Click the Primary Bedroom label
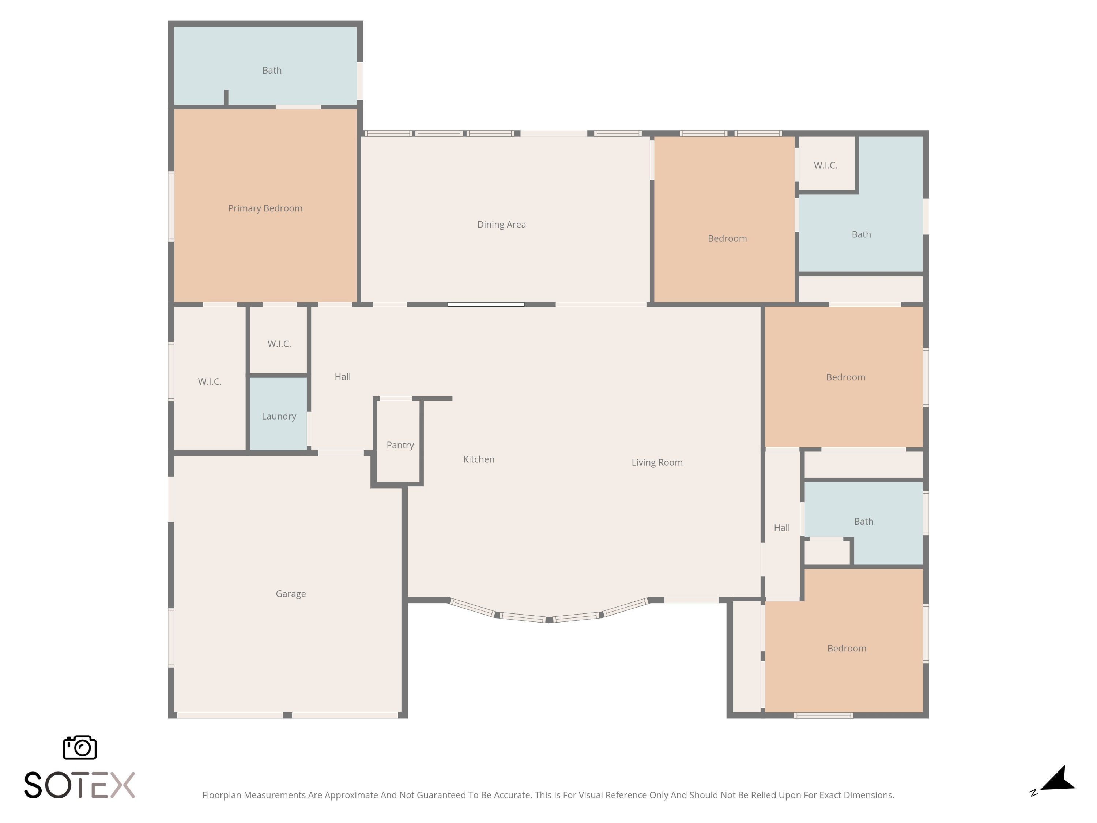pos(265,208)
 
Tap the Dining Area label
pos(501,225)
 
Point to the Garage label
pos(291,594)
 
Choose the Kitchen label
pos(479,459)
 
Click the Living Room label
pos(657,462)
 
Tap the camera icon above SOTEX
pos(80,747)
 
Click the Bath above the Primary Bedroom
pos(265,66)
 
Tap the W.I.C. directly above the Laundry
pos(278,340)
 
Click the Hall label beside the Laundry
pos(343,377)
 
